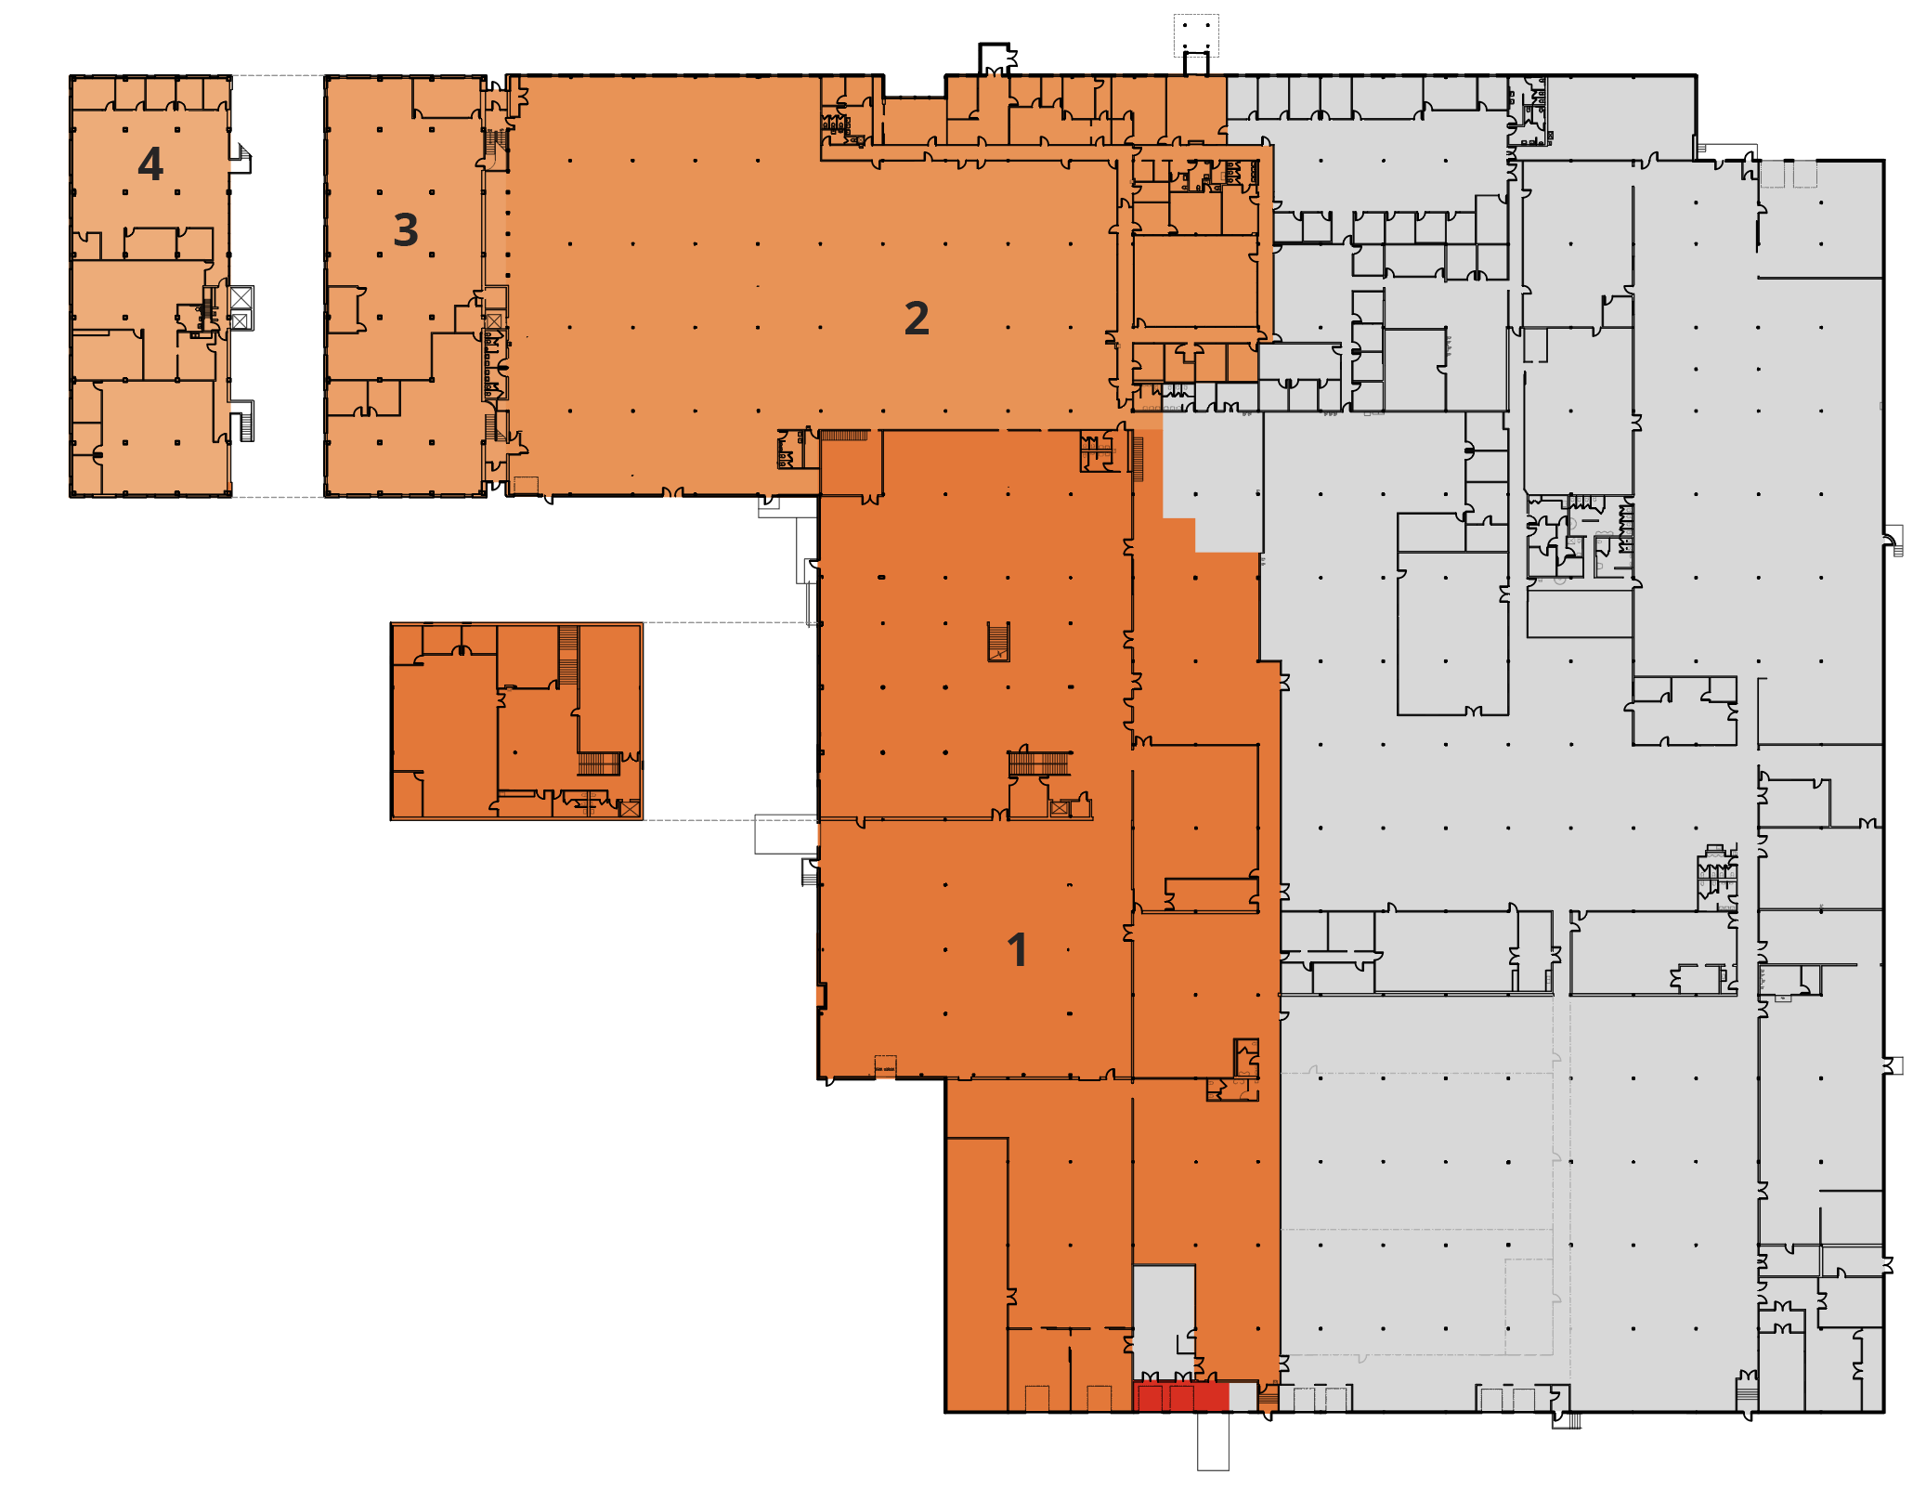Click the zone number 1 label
coord(1017,950)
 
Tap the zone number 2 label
coord(917,319)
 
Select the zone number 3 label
coord(406,229)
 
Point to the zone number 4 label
coord(150,164)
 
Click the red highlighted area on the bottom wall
coord(1180,1397)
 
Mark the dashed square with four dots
coord(1196,35)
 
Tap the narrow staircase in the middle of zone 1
coord(998,641)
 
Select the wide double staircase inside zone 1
coord(1039,764)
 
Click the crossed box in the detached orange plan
coord(630,808)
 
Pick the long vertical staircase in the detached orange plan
coord(568,655)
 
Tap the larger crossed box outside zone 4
coord(241,297)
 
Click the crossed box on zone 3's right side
coord(494,321)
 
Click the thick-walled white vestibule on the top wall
coord(995,58)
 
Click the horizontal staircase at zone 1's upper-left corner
coord(844,435)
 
